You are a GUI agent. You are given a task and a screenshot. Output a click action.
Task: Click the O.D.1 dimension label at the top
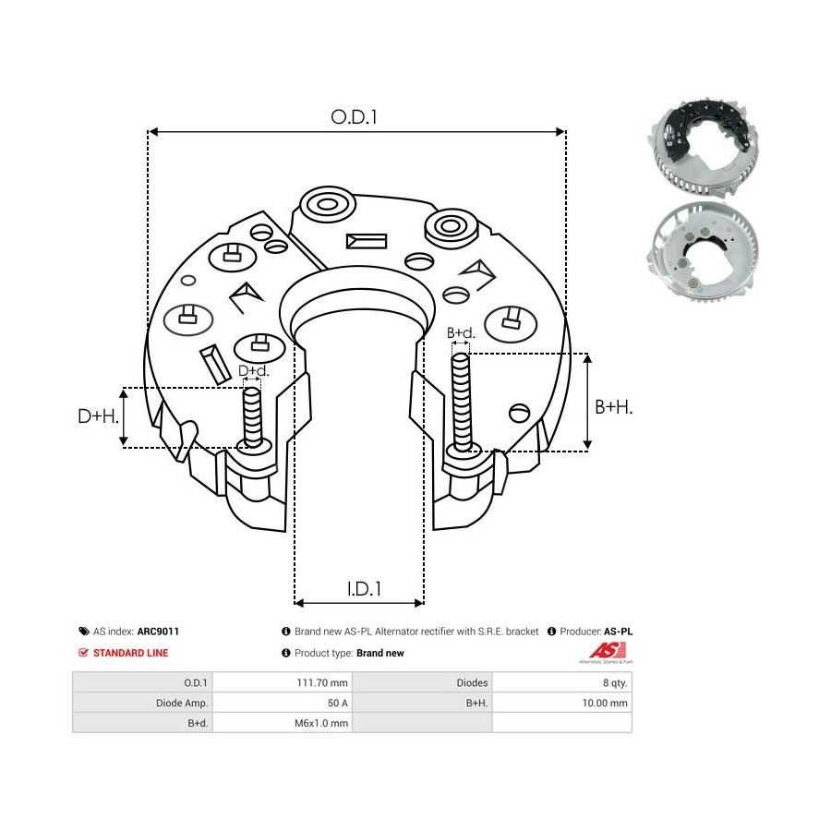tap(354, 117)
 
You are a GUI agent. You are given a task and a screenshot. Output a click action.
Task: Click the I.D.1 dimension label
tap(364, 589)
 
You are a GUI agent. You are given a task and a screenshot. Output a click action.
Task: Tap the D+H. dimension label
tap(98, 416)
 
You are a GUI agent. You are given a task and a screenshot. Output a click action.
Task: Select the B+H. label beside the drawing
tap(614, 407)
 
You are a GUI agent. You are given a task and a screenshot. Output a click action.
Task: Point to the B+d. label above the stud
tap(461, 332)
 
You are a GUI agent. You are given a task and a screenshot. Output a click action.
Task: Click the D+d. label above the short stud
tap(253, 370)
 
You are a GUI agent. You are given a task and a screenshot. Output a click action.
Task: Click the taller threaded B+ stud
tap(461, 403)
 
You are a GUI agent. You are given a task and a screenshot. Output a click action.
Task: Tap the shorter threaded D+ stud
tap(252, 417)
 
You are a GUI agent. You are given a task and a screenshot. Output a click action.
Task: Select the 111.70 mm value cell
tap(322, 682)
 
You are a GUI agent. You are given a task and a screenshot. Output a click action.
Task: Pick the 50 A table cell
tap(338, 703)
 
